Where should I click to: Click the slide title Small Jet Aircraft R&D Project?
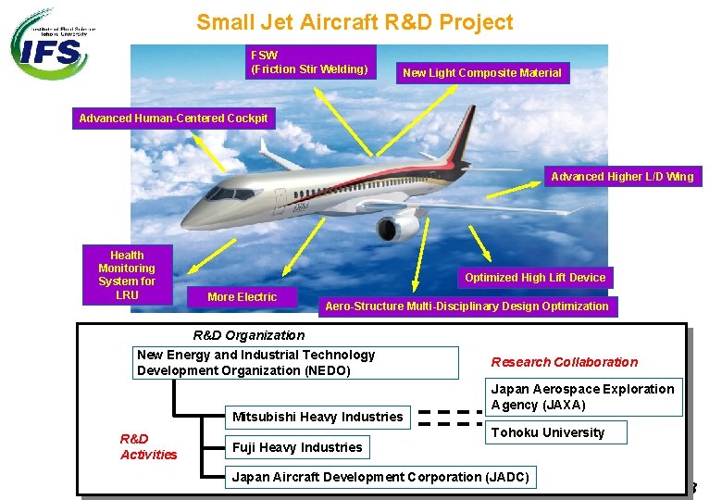point(355,21)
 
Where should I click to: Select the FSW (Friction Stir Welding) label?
point(310,62)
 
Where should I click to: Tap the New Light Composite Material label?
point(481,72)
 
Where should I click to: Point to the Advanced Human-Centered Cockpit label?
point(173,118)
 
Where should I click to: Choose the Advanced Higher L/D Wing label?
point(621,176)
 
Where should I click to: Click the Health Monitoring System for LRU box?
point(127,275)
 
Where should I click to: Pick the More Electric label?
point(242,296)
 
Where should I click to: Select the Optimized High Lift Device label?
point(535,277)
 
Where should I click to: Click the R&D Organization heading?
point(248,335)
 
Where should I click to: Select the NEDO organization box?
point(296,362)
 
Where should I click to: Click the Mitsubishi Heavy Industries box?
point(317,417)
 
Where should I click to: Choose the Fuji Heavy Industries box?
point(297,447)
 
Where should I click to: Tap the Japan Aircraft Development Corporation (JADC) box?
point(380,477)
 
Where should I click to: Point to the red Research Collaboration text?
point(564,362)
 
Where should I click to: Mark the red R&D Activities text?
point(148,446)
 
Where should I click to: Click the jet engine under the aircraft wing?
point(400,226)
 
